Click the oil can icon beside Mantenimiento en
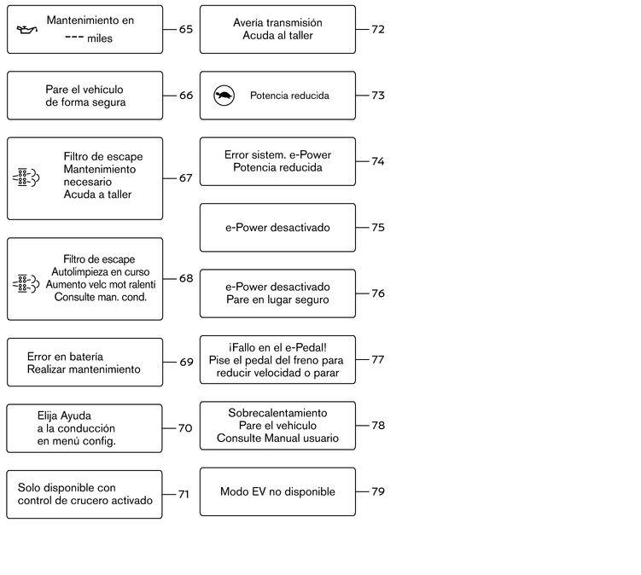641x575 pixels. (27, 30)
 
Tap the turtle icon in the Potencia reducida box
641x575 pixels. (224, 96)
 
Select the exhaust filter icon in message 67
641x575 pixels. (26, 177)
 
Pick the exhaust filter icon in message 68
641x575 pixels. (26, 283)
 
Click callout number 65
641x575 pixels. (186, 29)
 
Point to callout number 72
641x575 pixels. (378, 29)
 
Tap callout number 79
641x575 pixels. (378, 491)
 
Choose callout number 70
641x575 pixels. (185, 428)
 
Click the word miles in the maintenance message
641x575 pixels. (100, 38)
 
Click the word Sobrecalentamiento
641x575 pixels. (277, 413)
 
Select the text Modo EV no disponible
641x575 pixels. (277, 491)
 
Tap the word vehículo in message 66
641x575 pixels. (102, 90)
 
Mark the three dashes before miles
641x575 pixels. (74, 38)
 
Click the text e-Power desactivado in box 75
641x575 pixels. (277, 228)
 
